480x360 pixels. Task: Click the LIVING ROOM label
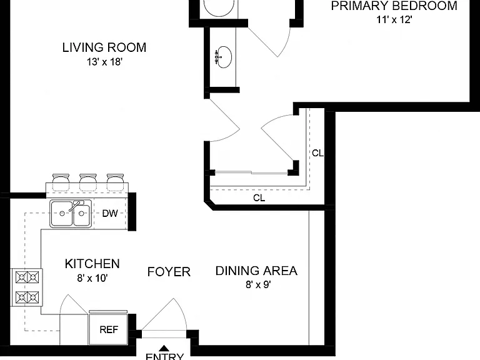pyautogui.click(x=104, y=47)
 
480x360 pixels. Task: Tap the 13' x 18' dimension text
pyautogui.click(x=105, y=62)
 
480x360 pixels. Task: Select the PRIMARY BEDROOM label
pyautogui.click(x=394, y=6)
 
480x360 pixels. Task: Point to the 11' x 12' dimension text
pyautogui.click(x=394, y=20)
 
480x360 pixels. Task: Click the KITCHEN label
pyautogui.click(x=92, y=264)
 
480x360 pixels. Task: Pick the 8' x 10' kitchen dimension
pyautogui.click(x=92, y=278)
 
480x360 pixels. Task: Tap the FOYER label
pyautogui.click(x=169, y=272)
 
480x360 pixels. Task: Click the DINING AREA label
pyautogui.click(x=256, y=271)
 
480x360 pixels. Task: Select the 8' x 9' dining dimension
pyautogui.click(x=258, y=285)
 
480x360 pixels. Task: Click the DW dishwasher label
pyautogui.click(x=110, y=213)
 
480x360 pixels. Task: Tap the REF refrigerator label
pyautogui.click(x=109, y=330)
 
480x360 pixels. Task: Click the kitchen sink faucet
pyautogui.click(x=76, y=206)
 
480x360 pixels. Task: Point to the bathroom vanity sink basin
pyautogui.click(x=224, y=57)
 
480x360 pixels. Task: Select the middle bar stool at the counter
pyautogui.click(x=89, y=182)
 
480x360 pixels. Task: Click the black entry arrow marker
pyautogui.click(x=164, y=348)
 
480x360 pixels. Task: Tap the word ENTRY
pyautogui.click(x=164, y=356)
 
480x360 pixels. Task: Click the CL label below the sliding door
pyautogui.click(x=259, y=198)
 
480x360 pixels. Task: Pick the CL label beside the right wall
pyautogui.click(x=317, y=153)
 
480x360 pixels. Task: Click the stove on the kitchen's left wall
pyautogui.click(x=27, y=287)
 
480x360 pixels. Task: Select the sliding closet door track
pyautogui.click(x=251, y=173)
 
